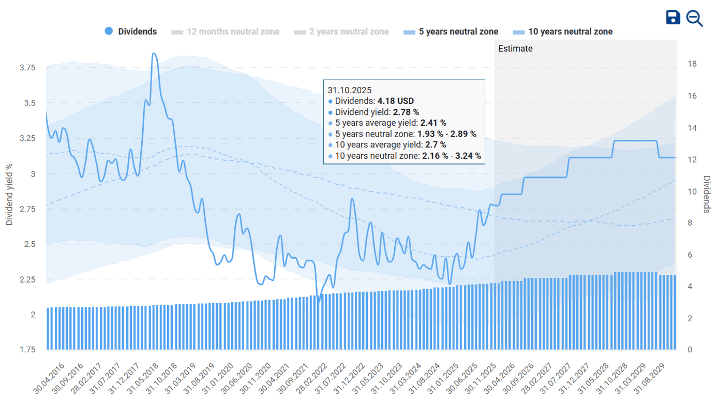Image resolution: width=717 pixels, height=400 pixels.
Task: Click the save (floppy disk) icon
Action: [673, 18]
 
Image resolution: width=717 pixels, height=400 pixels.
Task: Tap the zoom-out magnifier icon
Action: [694, 18]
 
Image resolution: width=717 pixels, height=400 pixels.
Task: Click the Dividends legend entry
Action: [131, 32]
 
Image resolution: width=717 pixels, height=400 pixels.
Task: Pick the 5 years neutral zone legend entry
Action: [451, 32]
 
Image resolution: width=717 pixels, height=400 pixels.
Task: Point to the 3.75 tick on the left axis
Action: [27, 68]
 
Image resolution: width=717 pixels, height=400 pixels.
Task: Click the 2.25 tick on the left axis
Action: [27, 279]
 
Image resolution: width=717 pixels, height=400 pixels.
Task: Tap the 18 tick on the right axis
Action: [692, 64]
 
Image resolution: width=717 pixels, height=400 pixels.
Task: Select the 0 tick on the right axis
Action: [690, 350]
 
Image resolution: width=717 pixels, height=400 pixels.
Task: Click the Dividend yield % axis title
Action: [9, 195]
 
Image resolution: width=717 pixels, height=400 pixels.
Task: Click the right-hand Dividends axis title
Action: [707, 195]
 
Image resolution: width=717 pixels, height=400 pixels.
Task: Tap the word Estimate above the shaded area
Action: [515, 49]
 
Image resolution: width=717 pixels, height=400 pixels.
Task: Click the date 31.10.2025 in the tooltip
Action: [350, 90]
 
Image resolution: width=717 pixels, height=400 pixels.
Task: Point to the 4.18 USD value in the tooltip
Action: [395, 101]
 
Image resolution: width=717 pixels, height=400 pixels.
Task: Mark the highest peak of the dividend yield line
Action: [154, 53]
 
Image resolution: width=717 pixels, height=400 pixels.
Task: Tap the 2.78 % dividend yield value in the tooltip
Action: [406, 112]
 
